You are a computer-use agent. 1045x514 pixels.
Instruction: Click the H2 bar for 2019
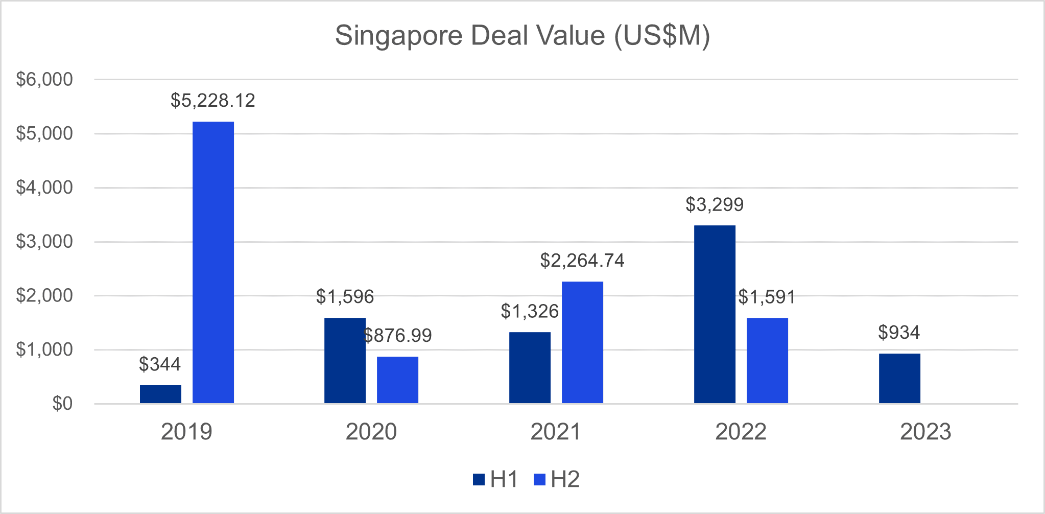pyautogui.click(x=213, y=262)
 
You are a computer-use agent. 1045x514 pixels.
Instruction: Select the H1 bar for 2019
pyautogui.click(x=160, y=394)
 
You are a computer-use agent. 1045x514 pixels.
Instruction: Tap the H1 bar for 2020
pyautogui.click(x=345, y=360)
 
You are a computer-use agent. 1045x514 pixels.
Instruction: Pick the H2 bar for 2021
pyautogui.click(x=582, y=342)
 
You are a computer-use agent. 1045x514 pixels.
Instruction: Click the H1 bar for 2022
pyautogui.click(x=715, y=314)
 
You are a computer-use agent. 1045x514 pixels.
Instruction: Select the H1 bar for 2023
pyautogui.click(x=899, y=378)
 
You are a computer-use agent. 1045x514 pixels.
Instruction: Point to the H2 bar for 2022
pyautogui.click(x=767, y=360)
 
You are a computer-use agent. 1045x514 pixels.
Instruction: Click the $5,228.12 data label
pyautogui.click(x=213, y=101)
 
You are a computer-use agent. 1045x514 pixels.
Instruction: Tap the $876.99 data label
pyautogui.click(x=398, y=336)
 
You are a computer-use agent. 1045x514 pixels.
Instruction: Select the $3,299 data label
pyautogui.click(x=715, y=205)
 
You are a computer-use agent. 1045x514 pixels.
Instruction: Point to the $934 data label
pyautogui.click(x=899, y=333)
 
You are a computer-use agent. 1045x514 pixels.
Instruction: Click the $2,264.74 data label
pyautogui.click(x=582, y=261)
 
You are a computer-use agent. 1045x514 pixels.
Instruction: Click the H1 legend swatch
pyautogui.click(x=479, y=480)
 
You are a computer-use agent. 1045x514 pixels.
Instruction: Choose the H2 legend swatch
pyautogui.click(x=539, y=480)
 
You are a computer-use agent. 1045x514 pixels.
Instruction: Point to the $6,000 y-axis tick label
pyautogui.click(x=44, y=79)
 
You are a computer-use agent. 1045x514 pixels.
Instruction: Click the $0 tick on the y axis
pyautogui.click(x=62, y=404)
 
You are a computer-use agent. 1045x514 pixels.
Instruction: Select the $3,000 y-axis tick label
pyautogui.click(x=44, y=241)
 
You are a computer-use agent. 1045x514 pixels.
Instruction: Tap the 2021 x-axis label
pyautogui.click(x=556, y=432)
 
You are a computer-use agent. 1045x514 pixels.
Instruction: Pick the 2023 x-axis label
pyautogui.click(x=925, y=432)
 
